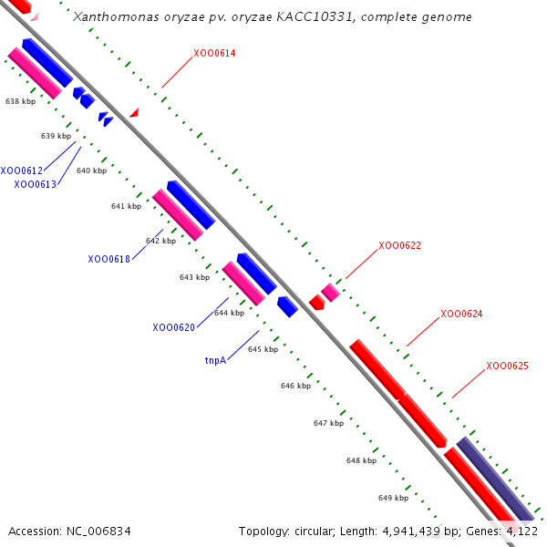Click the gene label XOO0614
click(214, 54)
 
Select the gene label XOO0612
click(22, 170)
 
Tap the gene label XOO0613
click(36, 184)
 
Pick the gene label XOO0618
click(109, 259)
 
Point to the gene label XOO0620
click(174, 327)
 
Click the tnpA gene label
click(215, 360)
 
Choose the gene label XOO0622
click(399, 245)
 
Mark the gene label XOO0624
click(461, 314)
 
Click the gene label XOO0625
click(507, 366)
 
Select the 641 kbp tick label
click(126, 206)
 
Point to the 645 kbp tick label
click(263, 349)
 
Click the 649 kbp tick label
click(393, 498)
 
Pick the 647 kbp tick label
click(328, 423)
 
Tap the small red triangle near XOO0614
click(134, 112)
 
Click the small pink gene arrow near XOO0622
click(330, 292)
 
